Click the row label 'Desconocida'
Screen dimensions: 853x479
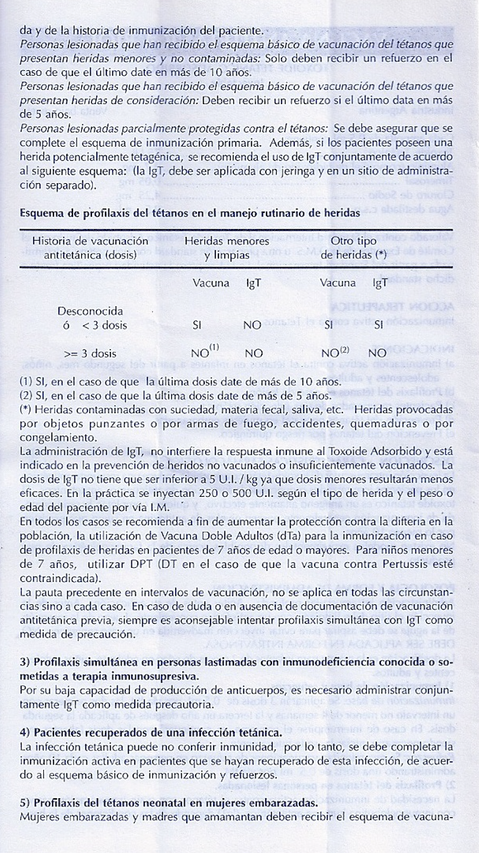coord(90,311)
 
